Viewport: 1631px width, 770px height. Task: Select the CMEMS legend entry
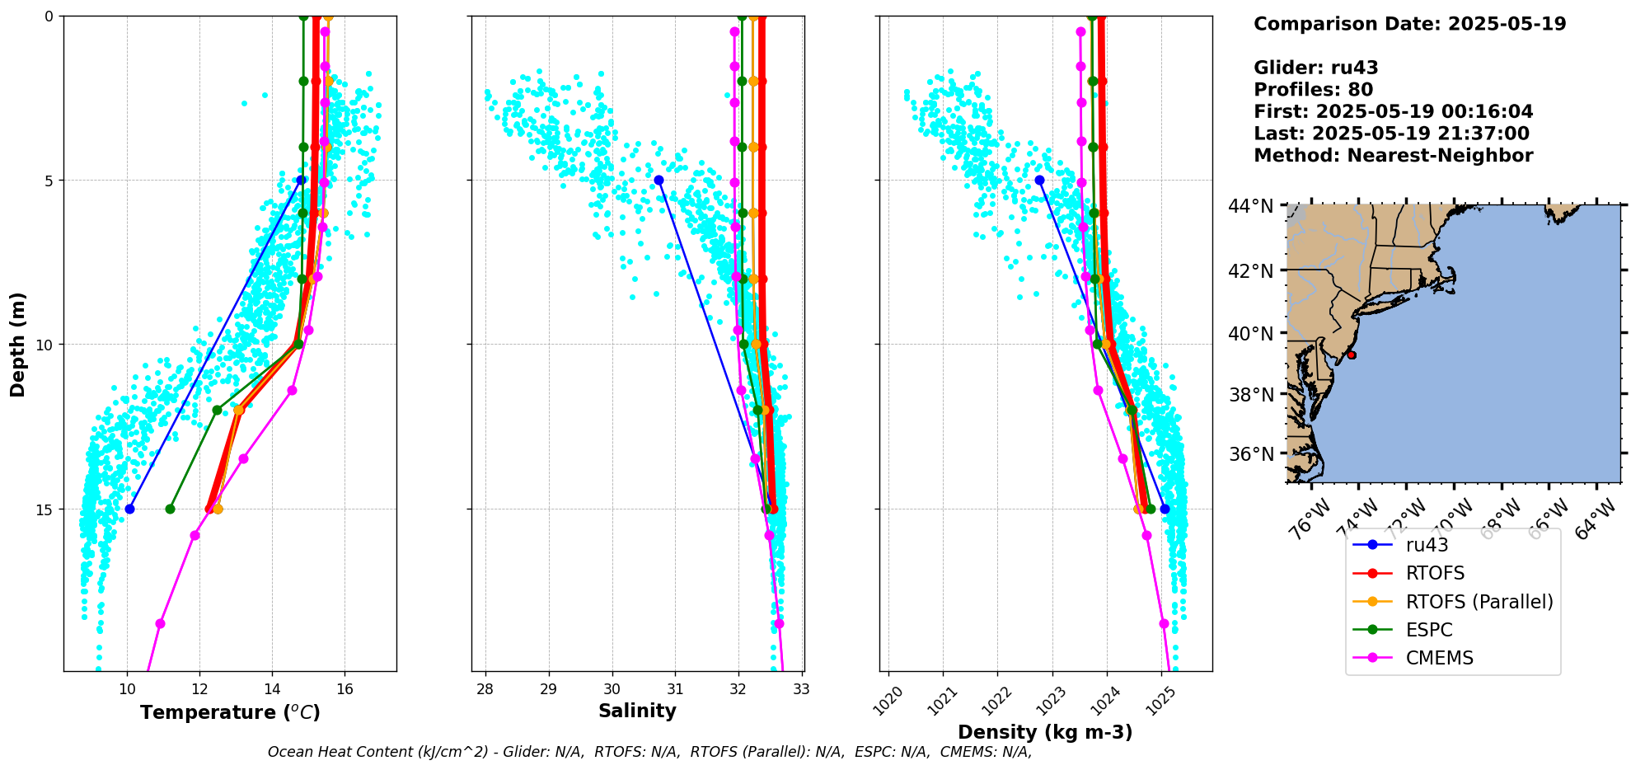[1439, 658]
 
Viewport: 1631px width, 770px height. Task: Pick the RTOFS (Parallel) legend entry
[1479, 602]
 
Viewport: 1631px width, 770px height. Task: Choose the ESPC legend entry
[1429, 630]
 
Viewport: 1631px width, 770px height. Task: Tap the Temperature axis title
[230, 712]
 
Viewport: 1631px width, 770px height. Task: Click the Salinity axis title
[637, 711]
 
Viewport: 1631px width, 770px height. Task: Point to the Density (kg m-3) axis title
[1045, 732]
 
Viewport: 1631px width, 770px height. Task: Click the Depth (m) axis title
[18, 344]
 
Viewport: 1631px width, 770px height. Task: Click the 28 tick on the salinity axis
[485, 689]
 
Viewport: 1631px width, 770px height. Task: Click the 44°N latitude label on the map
[1250, 206]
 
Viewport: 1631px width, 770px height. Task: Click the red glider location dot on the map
[1351, 354]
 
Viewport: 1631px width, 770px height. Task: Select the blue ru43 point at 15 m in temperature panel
[129, 509]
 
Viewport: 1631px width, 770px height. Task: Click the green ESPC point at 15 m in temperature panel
[170, 509]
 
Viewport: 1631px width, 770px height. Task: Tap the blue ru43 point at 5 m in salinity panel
[658, 180]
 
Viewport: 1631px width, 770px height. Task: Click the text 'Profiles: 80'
[1313, 90]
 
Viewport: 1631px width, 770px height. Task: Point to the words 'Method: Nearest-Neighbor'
[1393, 156]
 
